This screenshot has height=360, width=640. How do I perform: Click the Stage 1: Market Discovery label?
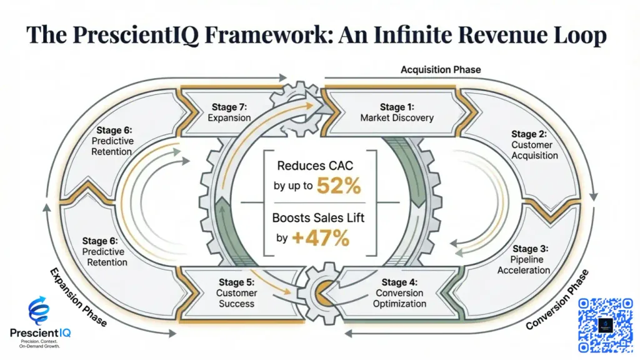tap(396, 112)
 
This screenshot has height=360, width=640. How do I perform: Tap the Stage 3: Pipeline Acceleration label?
tap(524, 259)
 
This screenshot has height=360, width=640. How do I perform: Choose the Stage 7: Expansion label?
tap(229, 112)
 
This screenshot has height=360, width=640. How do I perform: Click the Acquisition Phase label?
tap(441, 69)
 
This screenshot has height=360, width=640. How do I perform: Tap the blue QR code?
tap(605, 325)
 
